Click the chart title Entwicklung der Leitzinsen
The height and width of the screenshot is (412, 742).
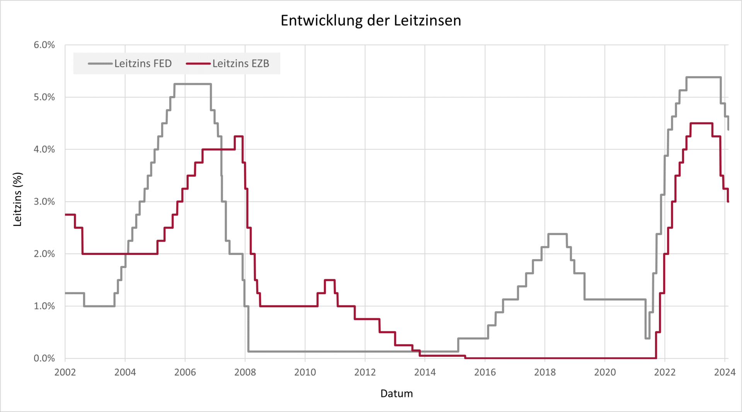point(371,20)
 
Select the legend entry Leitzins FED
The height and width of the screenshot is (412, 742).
point(143,63)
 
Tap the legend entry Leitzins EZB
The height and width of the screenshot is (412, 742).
point(240,63)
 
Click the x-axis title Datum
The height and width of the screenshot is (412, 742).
point(397,393)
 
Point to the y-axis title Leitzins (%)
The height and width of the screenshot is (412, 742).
point(17,199)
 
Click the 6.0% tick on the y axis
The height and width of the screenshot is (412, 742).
point(44,45)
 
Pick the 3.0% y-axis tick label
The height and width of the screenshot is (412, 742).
point(44,202)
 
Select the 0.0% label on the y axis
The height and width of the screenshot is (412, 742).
point(44,358)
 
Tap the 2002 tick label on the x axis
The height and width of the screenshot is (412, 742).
point(65,372)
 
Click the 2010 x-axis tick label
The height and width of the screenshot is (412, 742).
point(305,372)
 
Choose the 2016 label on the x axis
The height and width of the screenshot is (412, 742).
point(485,372)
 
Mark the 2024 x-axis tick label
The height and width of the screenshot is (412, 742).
point(724,372)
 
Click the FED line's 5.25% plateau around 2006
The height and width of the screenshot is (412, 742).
point(192,84)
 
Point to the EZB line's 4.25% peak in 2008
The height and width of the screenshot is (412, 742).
point(239,136)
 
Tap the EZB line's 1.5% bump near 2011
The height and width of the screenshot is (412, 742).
point(330,280)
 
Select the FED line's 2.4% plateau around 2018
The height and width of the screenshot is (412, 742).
point(557,234)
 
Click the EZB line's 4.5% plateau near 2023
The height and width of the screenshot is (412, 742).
point(701,123)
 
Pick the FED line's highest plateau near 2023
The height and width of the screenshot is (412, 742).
point(703,77)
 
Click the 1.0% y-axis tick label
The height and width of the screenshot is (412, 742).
point(44,306)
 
